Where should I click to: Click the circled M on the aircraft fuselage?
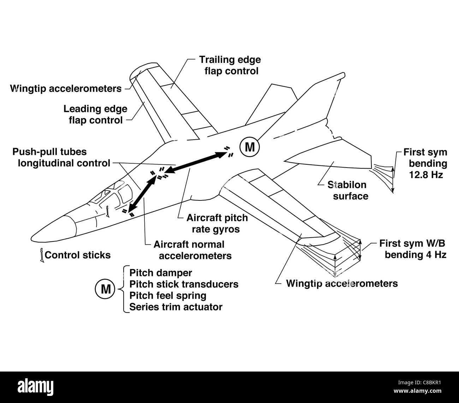(x=249, y=147)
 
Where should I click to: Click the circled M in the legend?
(x=105, y=289)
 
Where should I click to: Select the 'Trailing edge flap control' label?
(x=229, y=65)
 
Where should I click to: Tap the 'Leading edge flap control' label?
(x=95, y=114)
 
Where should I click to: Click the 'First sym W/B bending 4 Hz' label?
(x=413, y=249)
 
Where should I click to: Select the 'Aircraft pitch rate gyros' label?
(x=217, y=223)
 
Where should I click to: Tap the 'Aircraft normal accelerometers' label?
(x=192, y=250)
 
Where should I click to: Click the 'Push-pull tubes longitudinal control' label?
(x=61, y=157)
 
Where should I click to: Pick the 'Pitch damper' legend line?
(x=161, y=273)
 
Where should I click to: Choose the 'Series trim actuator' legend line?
(x=176, y=306)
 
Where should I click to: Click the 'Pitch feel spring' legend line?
(x=168, y=295)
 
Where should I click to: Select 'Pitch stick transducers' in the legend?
(x=184, y=284)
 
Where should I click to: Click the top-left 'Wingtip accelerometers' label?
(x=66, y=88)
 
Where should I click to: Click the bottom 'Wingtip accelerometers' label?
(x=341, y=283)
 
